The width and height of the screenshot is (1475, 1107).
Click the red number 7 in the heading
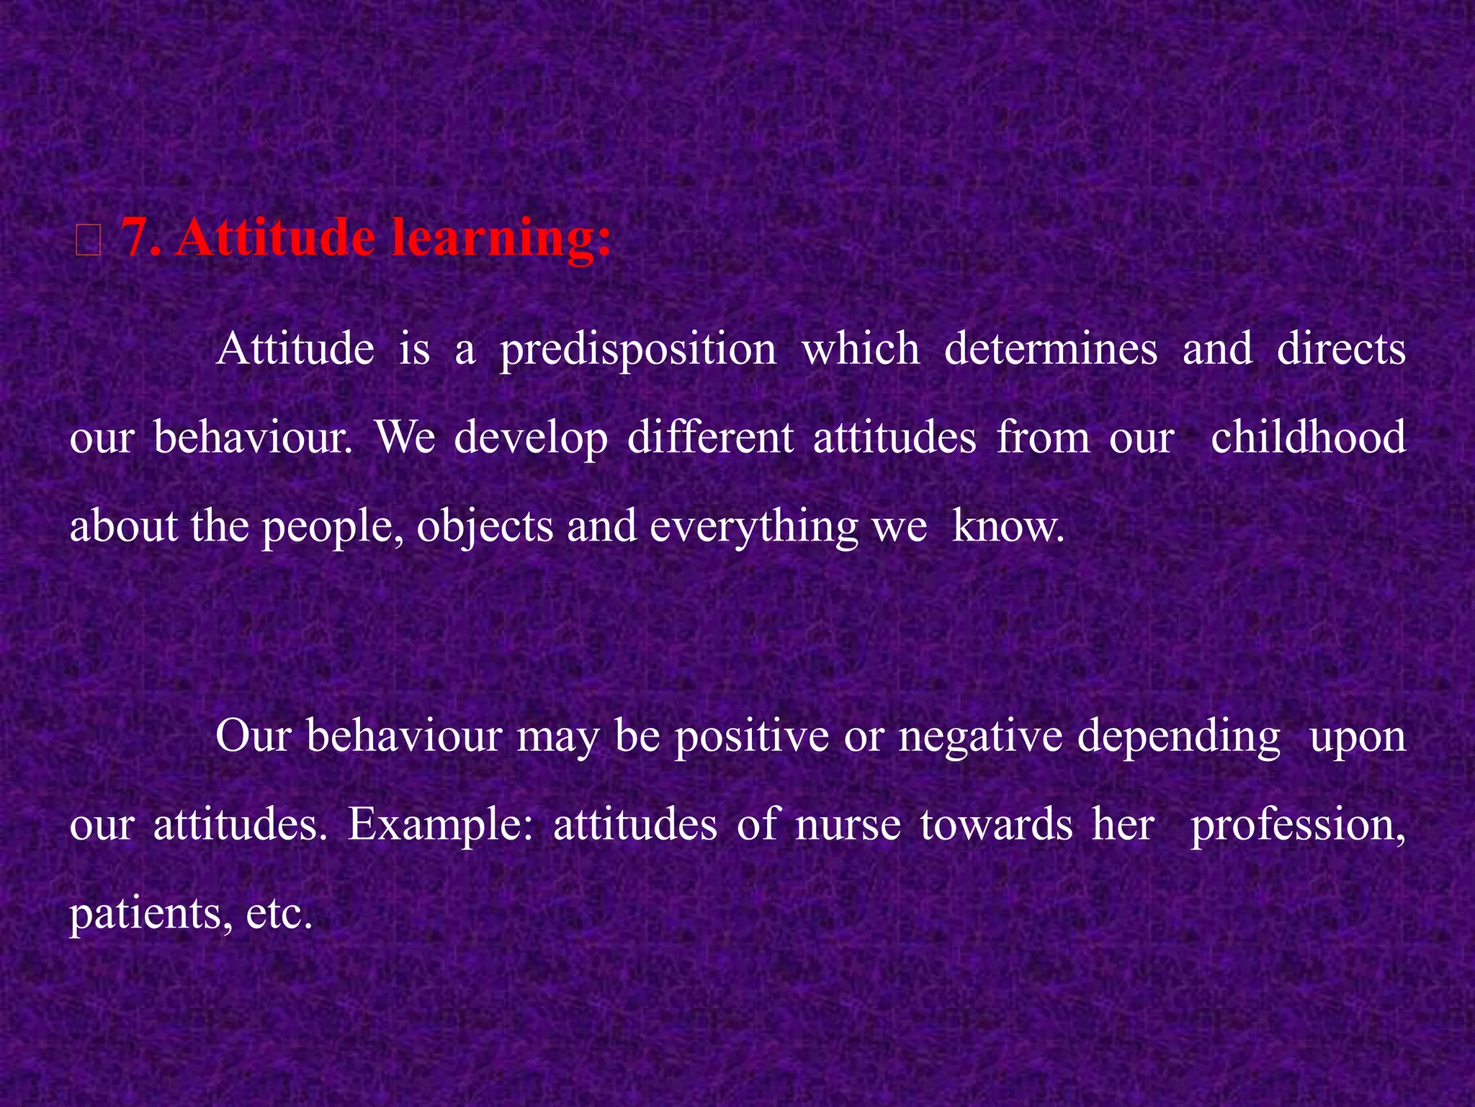135,238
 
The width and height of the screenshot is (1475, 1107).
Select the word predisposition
638,351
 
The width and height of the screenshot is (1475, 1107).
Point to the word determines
1050,350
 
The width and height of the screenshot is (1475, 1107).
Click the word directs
1340,350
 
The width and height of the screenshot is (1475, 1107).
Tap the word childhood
1308,438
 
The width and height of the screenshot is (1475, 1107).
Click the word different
710,438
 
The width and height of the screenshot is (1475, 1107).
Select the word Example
440,826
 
